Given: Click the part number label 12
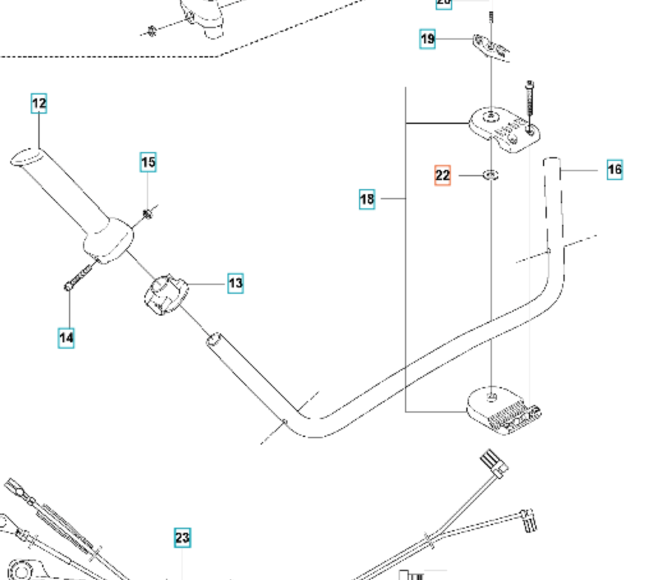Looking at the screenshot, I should pos(39,103).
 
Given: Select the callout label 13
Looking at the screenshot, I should pos(236,283).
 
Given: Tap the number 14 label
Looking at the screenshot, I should pos(66,337).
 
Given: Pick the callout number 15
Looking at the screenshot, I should pos(148,163).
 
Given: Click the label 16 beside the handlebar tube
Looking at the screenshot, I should pos(615,170).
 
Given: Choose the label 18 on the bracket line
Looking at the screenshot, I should pos(367,199).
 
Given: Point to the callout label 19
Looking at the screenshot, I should pos(427,40).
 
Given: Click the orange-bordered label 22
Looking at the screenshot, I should pos(443,175).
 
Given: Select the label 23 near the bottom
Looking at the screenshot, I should pos(182,538).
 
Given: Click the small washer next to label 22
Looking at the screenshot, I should pos(491,174).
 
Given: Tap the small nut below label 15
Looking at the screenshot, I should pos(148,213).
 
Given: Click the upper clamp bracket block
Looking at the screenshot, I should pos(505,130).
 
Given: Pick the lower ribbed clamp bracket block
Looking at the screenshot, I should pos(503,411).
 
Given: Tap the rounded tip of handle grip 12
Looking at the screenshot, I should pos(24,156).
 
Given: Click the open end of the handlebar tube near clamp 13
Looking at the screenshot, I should pos(213,339).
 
